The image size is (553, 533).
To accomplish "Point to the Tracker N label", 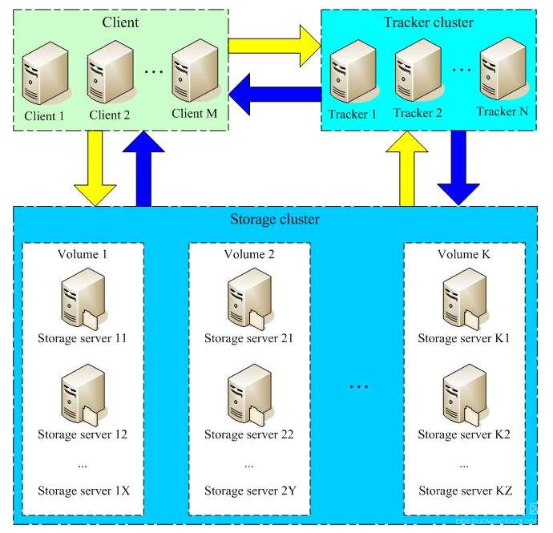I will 502,110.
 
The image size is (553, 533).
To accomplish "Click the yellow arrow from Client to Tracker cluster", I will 273,46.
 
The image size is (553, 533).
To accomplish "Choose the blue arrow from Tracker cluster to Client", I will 281,94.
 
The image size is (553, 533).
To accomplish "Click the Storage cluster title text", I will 276,219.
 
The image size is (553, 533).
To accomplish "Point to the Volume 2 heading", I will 248,255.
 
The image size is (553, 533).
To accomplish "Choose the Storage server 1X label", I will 83,491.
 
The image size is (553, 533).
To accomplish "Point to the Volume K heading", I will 464,255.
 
